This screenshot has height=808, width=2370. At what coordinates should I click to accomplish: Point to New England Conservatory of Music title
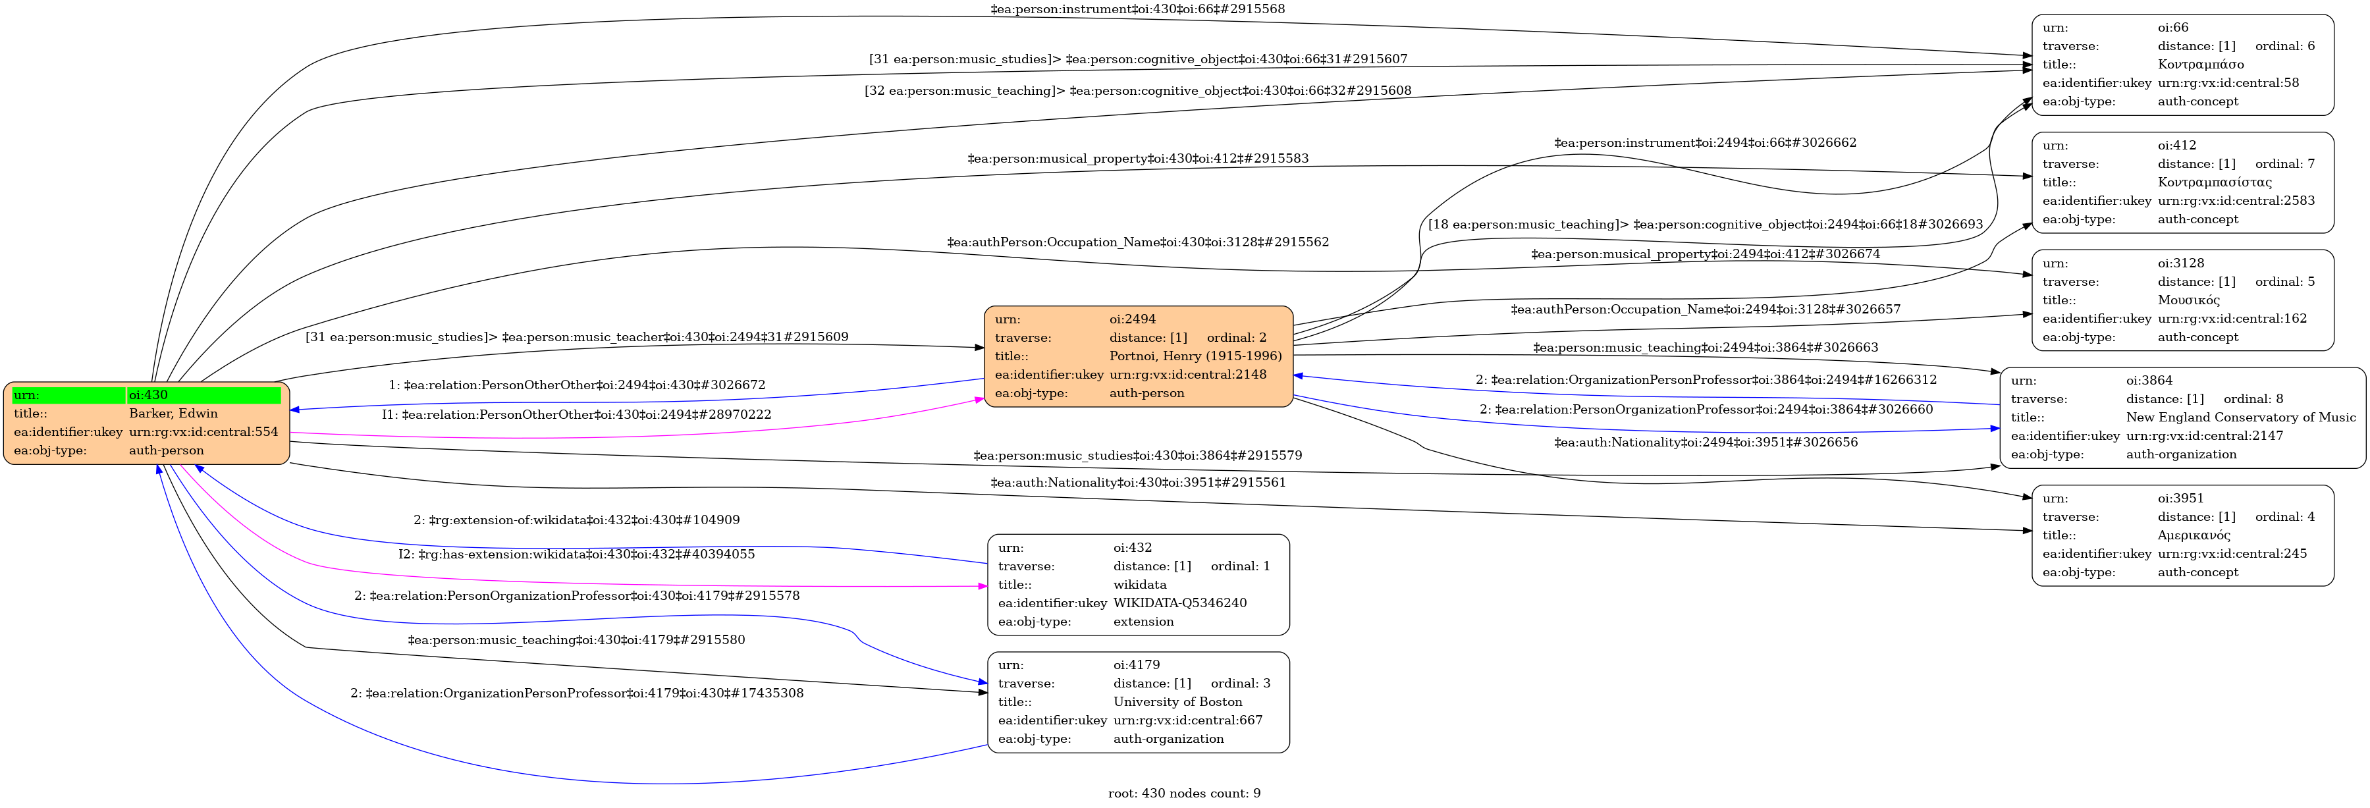click(x=2240, y=417)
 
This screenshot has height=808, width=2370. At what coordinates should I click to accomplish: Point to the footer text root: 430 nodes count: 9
click(x=1183, y=794)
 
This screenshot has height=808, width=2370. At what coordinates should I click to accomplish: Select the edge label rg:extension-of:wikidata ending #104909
click(x=576, y=521)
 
